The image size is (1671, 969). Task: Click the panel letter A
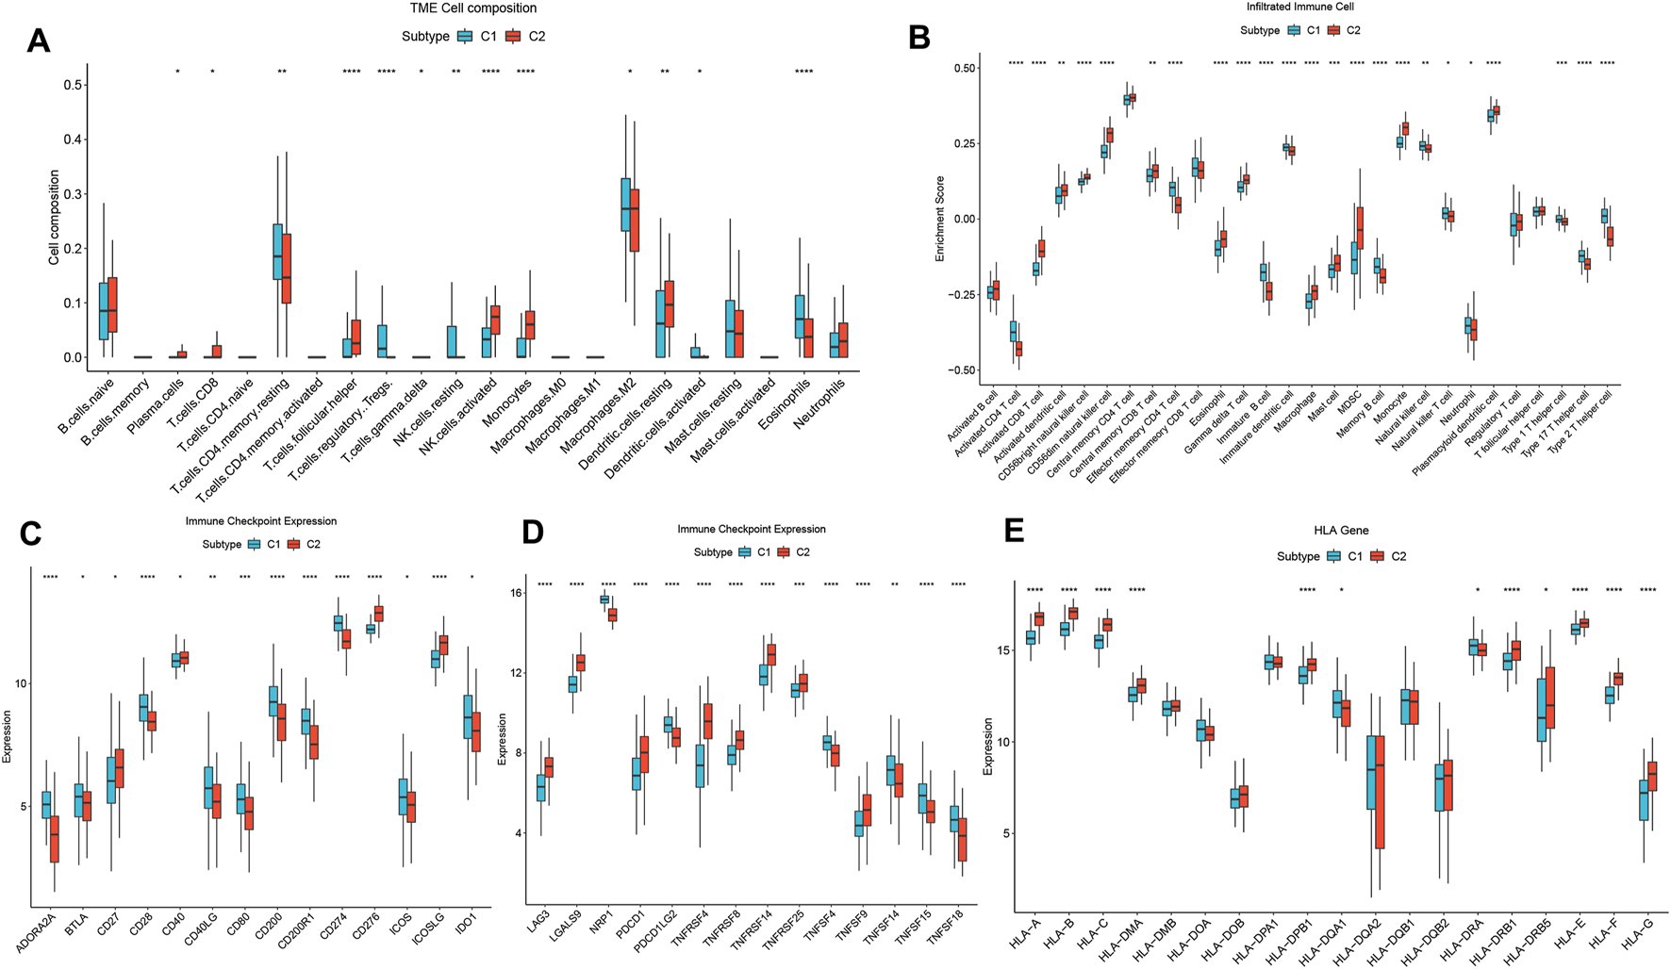(x=38, y=41)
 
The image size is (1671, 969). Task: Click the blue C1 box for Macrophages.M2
(x=625, y=205)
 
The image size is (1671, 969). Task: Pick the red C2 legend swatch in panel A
(x=514, y=37)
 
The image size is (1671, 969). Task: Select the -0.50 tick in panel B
(x=963, y=370)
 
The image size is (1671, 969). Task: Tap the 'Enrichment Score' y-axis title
(x=940, y=219)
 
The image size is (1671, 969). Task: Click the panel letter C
(x=30, y=534)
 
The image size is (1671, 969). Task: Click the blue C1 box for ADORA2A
(x=46, y=805)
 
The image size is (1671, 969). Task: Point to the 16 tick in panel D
(x=517, y=593)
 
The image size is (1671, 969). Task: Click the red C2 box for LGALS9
(x=580, y=663)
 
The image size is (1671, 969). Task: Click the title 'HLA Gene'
(x=1341, y=531)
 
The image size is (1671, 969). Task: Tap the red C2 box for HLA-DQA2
(x=1381, y=793)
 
